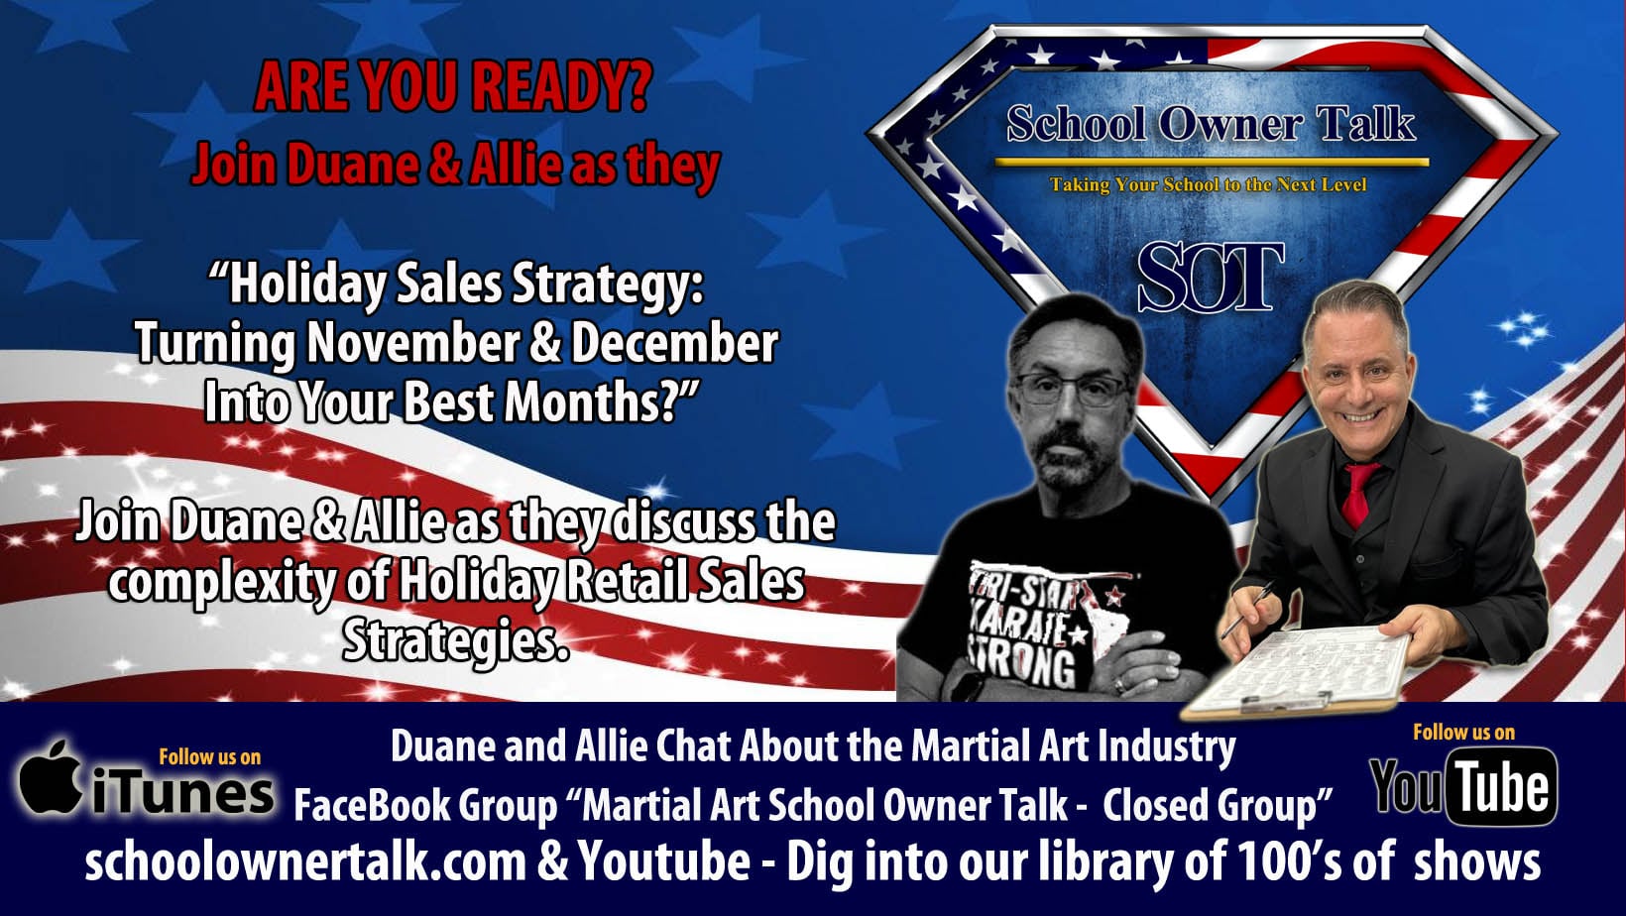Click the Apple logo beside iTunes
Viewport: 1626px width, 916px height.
tap(51, 778)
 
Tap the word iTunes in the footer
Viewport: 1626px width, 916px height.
tap(184, 793)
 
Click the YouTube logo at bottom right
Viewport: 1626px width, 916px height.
tap(1463, 787)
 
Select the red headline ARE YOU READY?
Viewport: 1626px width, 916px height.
tap(452, 86)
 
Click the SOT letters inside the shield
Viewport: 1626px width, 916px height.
tap(1210, 279)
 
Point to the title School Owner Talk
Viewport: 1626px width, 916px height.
tap(1211, 124)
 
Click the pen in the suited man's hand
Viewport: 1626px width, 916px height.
tap(1248, 609)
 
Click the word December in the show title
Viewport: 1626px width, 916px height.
tap(674, 344)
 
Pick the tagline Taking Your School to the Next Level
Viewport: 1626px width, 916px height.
tap(1209, 184)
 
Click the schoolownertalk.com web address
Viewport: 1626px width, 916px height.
tap(305, 861)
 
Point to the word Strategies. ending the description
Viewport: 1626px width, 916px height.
tap(456, 641)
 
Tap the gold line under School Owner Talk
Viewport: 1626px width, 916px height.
tap(1212, 161)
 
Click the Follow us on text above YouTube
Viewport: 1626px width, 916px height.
tap(1463, 733)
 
